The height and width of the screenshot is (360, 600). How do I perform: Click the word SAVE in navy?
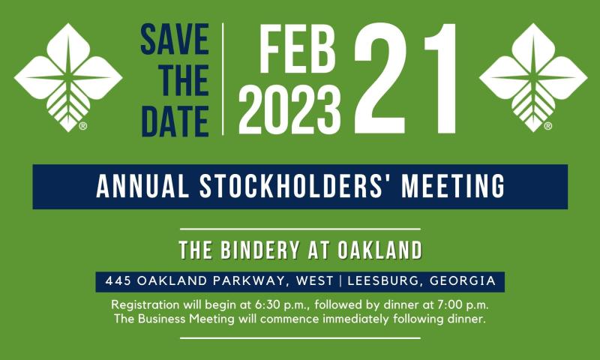point(175,39)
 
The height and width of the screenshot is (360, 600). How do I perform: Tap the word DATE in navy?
point(175,121)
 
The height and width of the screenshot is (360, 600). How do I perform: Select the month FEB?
point(297,49)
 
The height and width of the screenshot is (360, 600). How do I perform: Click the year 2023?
point(289,109)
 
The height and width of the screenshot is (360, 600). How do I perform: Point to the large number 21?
point(405,78)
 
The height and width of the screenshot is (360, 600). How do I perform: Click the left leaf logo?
point(68,77)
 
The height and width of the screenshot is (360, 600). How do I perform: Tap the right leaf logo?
point(533,77)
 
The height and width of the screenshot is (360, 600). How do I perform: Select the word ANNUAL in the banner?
point(142,186)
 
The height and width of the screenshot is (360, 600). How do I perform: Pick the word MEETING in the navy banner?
point(453,186)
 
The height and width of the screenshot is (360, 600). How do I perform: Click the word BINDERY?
point(259,250)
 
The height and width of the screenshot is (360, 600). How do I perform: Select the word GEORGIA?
point(463,281)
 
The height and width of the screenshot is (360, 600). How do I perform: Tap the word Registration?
point(145,305)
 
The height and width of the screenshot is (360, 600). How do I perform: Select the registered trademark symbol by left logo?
point(83,126)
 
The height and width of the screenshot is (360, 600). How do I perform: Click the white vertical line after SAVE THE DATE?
point(223,79)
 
